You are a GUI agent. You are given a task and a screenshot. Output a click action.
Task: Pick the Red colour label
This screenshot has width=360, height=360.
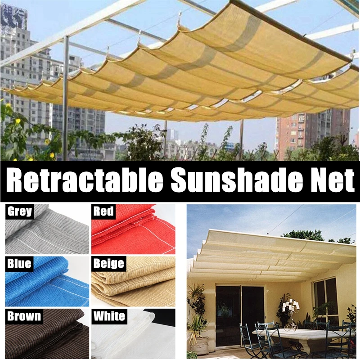click(x=103, y=211)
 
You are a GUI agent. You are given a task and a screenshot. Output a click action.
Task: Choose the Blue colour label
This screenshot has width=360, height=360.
click(x=18, y=264)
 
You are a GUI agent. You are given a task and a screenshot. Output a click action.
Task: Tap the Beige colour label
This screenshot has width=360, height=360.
click(x=108, y=263)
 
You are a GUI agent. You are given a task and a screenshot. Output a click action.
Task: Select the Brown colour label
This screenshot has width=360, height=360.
click(x=23, y=316)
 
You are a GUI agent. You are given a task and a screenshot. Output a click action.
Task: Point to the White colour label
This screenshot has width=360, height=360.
click(x=109, y=316)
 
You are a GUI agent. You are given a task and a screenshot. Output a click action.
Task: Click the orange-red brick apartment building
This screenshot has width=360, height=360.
click(x=306, y=130)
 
